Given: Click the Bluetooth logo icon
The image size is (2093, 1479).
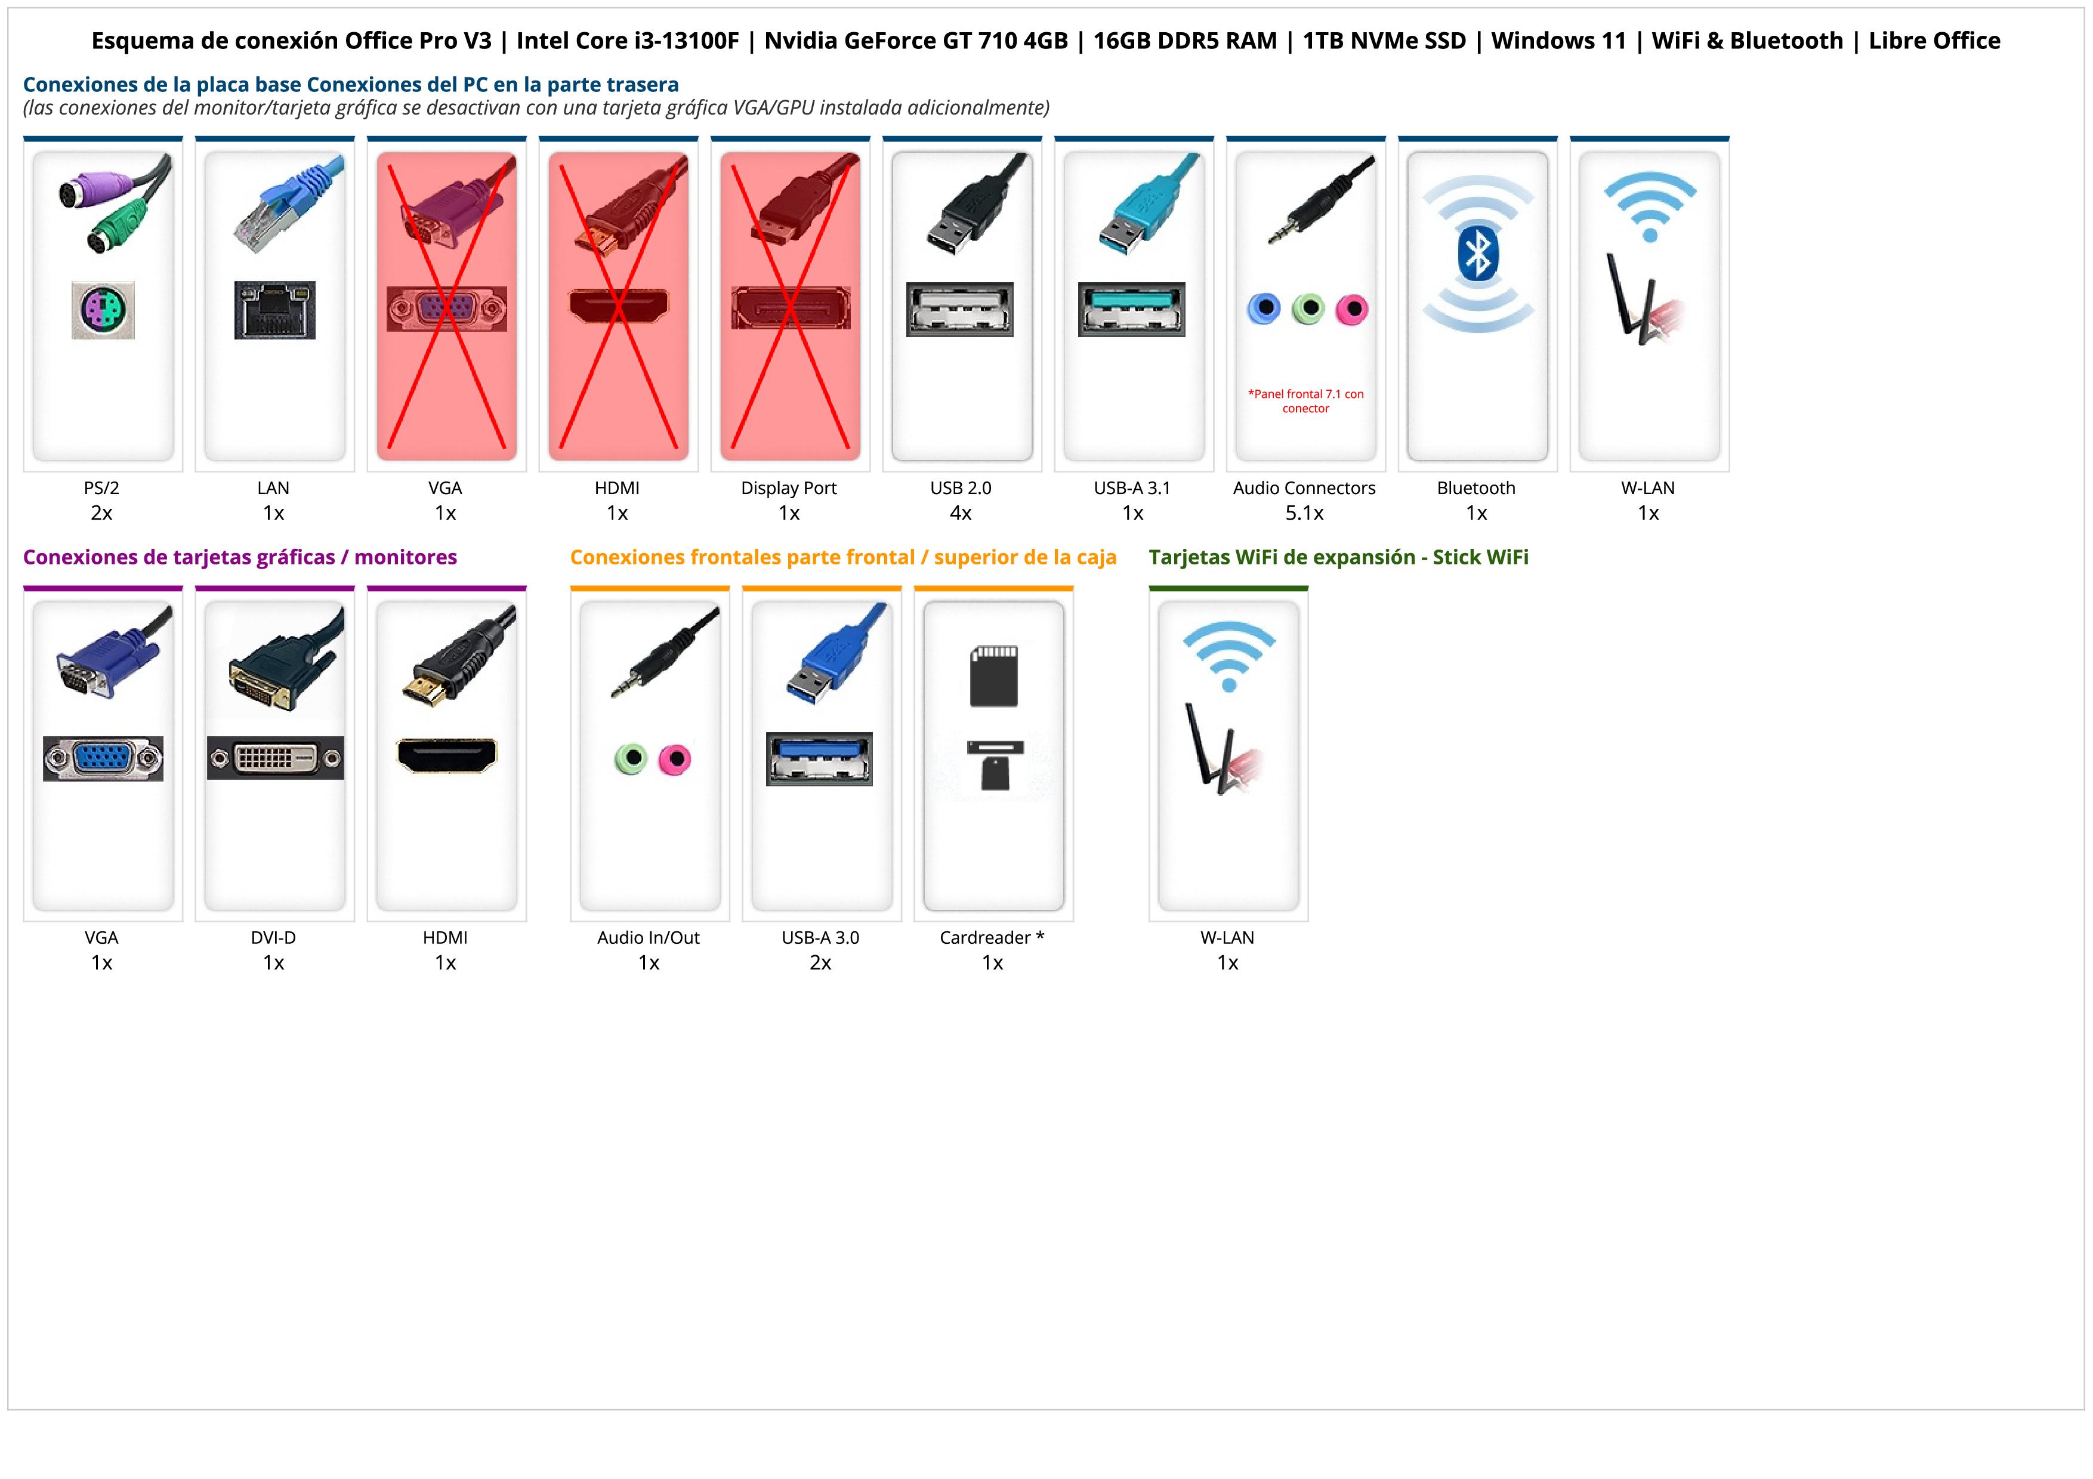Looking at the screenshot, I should click(x=1478, y=254).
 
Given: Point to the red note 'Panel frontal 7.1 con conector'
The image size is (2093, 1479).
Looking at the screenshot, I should click(x=1305, y=401).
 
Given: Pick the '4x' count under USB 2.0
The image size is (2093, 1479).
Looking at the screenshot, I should click(x=960, y=513).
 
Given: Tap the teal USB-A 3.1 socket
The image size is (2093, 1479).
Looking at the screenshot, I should click(x=1131, y=309).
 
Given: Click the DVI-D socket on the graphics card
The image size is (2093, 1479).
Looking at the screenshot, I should click(x=275, y=758).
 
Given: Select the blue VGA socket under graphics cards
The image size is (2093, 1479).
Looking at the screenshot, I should click(x=103, y=758).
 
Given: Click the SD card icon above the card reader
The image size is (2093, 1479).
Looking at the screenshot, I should click(x=993, y=676).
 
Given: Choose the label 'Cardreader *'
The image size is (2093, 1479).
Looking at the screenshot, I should click(x=992, y=938).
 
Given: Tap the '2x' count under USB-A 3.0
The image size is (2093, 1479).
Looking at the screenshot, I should click(x=820, y=963).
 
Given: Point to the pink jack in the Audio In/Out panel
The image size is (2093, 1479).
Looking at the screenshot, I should click(x=675, y=758).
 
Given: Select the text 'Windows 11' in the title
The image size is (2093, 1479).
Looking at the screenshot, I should click(x=1559, y=41).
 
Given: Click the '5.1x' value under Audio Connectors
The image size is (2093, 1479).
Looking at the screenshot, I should click(x=1304, y=513).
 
